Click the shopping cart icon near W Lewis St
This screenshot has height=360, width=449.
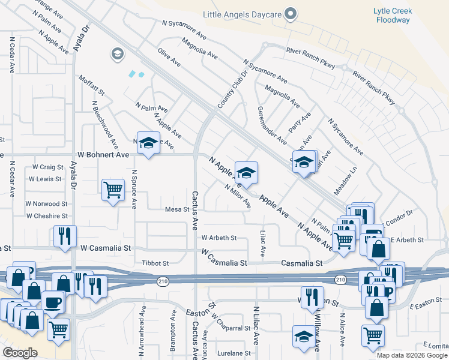point(113,190)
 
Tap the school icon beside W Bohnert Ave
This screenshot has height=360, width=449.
point(148,143)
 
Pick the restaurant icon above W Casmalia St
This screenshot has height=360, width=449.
point(65,236)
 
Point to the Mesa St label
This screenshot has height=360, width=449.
point(177,210)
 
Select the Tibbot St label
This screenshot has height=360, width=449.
point(155,263)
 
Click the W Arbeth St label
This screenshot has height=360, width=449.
point(219,238)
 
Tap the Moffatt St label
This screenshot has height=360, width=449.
point(92,85)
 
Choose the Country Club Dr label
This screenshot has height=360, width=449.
point(232,90)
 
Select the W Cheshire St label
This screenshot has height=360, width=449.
point(47,216)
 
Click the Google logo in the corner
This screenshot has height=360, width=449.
point(20,353)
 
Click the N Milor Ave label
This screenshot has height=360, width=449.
point(238,196)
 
